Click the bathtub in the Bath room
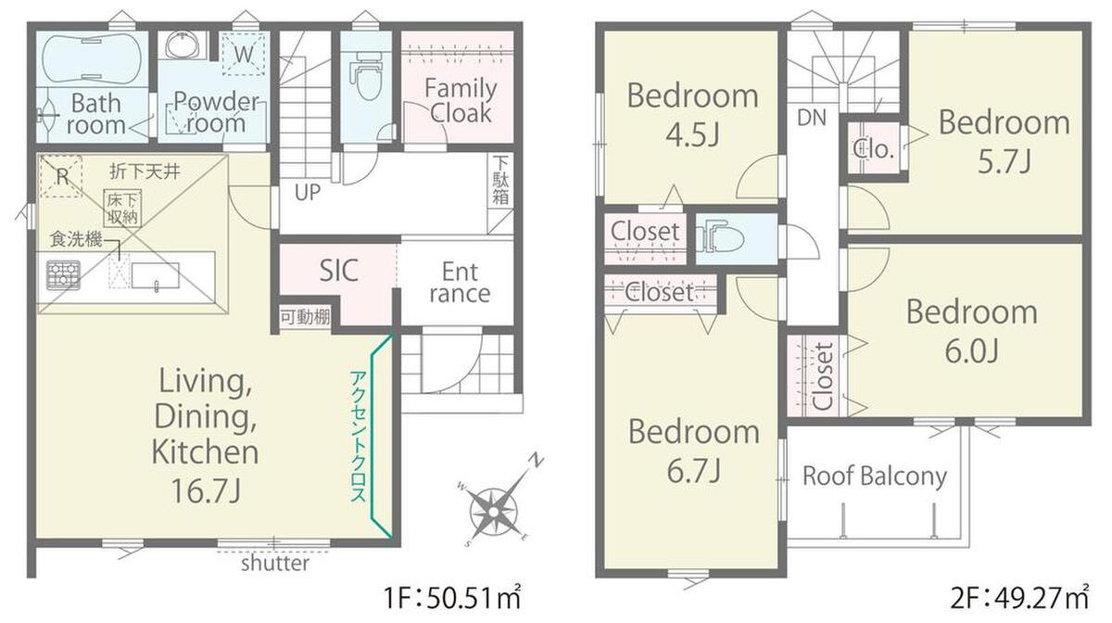92,59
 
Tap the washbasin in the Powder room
183,45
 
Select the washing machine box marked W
244,54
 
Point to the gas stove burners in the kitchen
63,274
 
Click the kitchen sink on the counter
155,275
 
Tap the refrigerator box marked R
61,176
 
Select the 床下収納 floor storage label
122,209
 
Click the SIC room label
338,271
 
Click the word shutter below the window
275,564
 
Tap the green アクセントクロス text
359,437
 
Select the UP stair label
308,192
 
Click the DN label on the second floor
812,118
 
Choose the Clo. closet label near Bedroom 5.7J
873,149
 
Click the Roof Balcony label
875,476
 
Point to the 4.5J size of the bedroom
692,134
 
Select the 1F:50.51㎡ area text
452,598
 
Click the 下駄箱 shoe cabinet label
500,181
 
